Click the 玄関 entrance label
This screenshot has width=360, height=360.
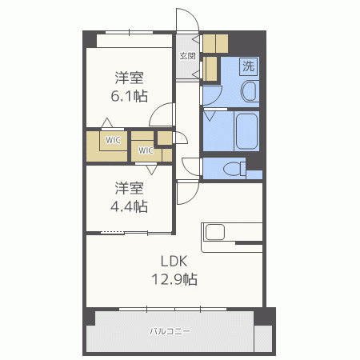point(188,56)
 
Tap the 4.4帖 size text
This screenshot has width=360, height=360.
point(129,206)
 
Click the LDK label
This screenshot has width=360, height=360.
point(173,261)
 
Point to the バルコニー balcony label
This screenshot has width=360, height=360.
point(170,330)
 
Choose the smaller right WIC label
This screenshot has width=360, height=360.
point(146,150)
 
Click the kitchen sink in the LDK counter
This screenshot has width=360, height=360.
point(216,233)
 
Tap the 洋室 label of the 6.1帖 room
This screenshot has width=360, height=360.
point(129,78)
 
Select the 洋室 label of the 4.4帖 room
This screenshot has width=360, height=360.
point(129,188)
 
